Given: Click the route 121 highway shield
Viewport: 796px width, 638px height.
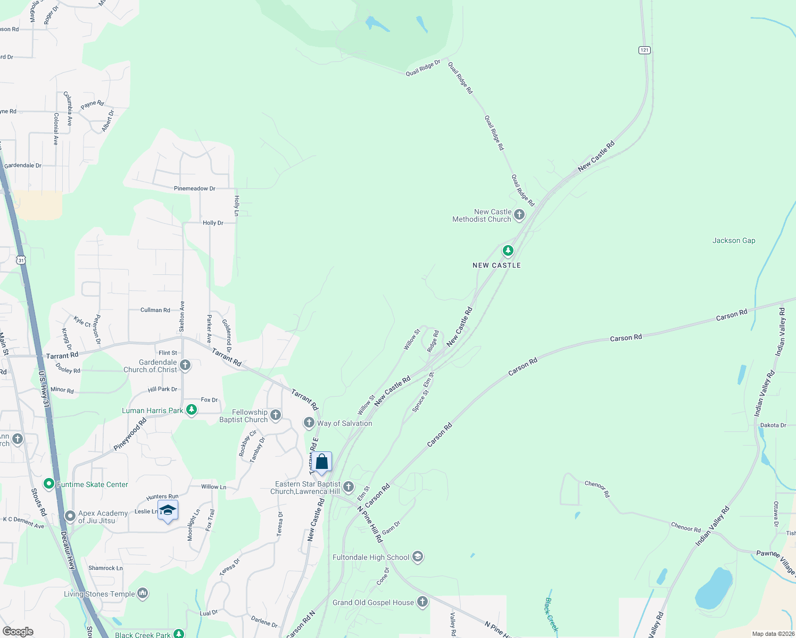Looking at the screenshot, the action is pyautogui.click(x=644, y=50).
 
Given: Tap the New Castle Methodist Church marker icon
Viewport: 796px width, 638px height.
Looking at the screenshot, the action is pyautogui.click(x=519, y=215).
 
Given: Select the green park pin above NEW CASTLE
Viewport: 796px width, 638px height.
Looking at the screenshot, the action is pyautogui.click(x=508, y=250).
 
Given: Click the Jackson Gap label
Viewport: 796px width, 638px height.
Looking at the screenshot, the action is pyautogui.click(x=734, y=241).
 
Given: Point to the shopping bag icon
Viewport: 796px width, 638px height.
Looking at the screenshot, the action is pyautogui.click(x=322, y=461).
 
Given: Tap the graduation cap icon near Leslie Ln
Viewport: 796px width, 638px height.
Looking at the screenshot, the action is pyautogui.click(x=168, y=510).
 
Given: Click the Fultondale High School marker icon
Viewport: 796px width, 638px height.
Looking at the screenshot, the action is pyautogui.click(x=418, y=557).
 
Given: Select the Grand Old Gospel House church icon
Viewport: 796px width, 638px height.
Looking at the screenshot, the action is pyautogui.click(x=422, y=602).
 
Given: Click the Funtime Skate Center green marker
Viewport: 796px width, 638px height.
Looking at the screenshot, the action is pyautogui.click(x=49, y=484).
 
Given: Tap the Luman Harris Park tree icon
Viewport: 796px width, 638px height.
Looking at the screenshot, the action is pyautogui.click(x=192, y=410).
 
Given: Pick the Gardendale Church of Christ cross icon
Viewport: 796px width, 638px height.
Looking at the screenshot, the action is pyautogui.click(x=185, y=365).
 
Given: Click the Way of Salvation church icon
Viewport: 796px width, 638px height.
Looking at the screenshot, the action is pyautogui.click(x=309, y=423).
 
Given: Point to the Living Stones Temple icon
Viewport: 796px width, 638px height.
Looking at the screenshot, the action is pyautogui.click(x=143, y=593).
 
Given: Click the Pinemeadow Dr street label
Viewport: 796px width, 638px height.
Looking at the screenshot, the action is pyautogui.click(x=195, y=189).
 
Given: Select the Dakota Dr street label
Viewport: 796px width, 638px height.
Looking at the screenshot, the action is pyautogui.click(x=773, y=425).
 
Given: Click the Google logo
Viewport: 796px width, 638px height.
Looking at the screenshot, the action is pyautogui.click(x=18, y=632).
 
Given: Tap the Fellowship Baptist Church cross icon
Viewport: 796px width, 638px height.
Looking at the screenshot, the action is pyautogui.click(x=276, y=415).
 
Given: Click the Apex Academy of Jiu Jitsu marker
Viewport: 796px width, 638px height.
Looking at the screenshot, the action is pyautogui.click(x=70, y=516).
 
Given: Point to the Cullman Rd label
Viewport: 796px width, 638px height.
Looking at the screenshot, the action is pyautogui.click(x=155, y=310).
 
